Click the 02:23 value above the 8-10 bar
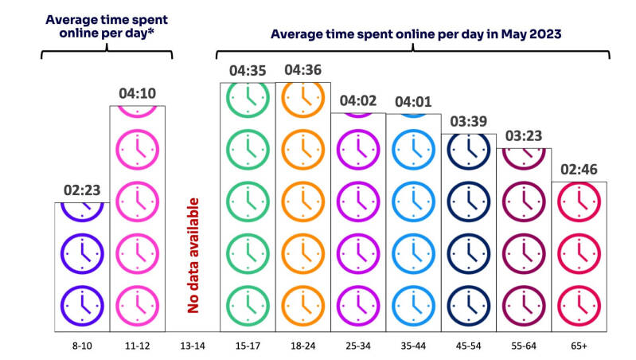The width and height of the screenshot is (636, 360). click(x=81, y=190)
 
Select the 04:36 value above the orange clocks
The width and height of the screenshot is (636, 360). click(x=302, y=70)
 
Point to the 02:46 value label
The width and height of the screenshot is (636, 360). click(x=579, y=170)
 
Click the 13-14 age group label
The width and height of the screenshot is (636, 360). click(x=192, y=345)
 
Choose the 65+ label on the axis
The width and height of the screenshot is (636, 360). click(x=579, y=345)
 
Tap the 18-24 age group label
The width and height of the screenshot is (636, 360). click(x=302, y=345)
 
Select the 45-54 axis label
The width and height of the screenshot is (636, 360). click(x=469, y=345)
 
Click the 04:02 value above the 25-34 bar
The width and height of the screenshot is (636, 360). click(x=358, y=101)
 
